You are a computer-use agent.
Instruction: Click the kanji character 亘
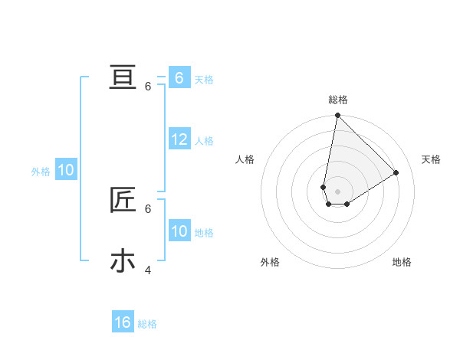pos(123,77)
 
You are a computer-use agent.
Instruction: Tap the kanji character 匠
pos(123,200)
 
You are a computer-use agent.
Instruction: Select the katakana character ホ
pos(123,261)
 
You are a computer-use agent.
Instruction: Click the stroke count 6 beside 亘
pos(148,87)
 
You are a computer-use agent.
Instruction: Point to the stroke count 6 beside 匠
pos(148,208)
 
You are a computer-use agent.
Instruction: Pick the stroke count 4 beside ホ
pos(148,270)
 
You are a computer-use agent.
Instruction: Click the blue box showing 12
pos(179,139)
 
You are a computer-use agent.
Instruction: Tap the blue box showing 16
pos(123,322)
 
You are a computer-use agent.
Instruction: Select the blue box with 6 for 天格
pos(179,78)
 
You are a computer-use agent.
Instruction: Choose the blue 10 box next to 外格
pos(66,170)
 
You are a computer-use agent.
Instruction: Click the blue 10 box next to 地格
pos(179,231)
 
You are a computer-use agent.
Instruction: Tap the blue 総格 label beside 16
pos(147,324)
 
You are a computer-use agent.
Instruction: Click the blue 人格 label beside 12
pos(204,141)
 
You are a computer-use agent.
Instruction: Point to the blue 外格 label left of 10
pos(41,172)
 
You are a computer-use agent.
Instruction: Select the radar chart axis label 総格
pos(338,100)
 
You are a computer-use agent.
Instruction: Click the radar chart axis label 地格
pos(402,262)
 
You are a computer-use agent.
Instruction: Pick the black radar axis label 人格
pos(245,159)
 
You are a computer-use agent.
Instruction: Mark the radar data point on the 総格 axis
pos(337,116)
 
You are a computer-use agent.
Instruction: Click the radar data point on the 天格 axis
pos(396,172)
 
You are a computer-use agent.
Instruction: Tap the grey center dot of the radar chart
pos(337,191)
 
